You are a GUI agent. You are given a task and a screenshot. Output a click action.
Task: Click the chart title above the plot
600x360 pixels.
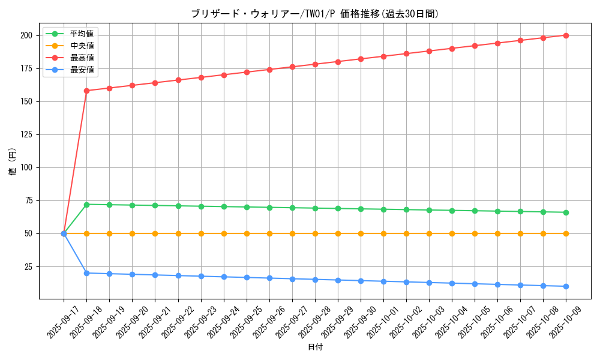click(x=315, y=14)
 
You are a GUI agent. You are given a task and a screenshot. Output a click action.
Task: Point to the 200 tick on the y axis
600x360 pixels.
click(x=26, y=35)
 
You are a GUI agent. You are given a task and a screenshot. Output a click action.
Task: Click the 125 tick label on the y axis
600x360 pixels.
click(x=26, y=134)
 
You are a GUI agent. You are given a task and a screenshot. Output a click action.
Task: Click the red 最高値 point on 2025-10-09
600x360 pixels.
click(x=566, y=35)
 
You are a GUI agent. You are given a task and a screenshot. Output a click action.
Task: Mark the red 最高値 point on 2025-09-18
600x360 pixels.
click(x=86, y=91)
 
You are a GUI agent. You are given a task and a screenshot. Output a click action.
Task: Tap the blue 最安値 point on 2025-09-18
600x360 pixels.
click(x=86, y=273)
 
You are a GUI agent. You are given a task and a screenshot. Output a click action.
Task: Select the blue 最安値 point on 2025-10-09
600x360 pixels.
click(x=566, y=286)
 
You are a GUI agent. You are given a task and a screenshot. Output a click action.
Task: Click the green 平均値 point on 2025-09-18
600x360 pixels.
click(x=86, y=205)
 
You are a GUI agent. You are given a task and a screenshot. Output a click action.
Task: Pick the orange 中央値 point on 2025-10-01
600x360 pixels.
click(x=383, y=233)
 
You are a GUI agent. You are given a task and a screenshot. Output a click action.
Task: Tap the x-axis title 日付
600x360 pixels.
click(x=315, y=347)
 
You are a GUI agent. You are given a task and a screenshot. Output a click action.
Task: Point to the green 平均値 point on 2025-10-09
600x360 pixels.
click(x=566, y=212)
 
